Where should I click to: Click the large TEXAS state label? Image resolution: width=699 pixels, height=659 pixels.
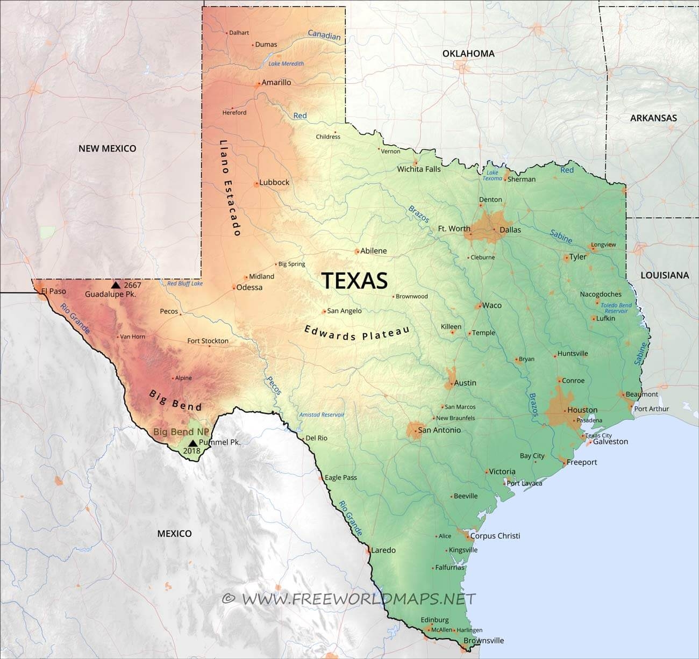click(x=354, y=281)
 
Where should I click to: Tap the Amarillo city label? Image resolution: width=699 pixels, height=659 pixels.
click(x=276, y=83)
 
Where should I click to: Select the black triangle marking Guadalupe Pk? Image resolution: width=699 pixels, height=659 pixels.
click(x=116, y=284)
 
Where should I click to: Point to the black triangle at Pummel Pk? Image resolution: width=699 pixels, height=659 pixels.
click(x=192, y=442)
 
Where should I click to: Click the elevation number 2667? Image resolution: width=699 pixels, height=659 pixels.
click(x=132, y=285)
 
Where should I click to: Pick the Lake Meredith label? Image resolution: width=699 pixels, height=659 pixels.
click(x=286, y=63)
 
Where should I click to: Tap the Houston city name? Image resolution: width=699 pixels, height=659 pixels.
click(x=582, y=410)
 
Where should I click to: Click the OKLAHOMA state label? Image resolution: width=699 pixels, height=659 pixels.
click(x=468, y=53)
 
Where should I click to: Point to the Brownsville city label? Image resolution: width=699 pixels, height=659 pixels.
click(x=484, y=640)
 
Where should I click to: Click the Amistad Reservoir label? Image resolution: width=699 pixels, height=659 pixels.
click(x=322, y=414)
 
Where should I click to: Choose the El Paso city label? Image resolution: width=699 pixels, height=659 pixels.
click(x=54, y=291)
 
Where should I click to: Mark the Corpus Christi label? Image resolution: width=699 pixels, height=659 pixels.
click(x=495, y=536)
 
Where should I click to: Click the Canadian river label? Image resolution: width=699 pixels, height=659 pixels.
click(x=324, y=35)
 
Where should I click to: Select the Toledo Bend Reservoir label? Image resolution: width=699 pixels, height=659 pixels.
click(x=616, y=308)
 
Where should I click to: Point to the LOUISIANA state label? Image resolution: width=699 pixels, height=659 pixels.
click(x=664, y=275)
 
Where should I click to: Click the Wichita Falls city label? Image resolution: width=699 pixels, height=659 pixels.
click(x=419, y=169)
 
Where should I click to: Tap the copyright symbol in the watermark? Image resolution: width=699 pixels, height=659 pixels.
click(x=229, y=598)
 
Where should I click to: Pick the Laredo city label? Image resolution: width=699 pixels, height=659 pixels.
click(x=383, y=550)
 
